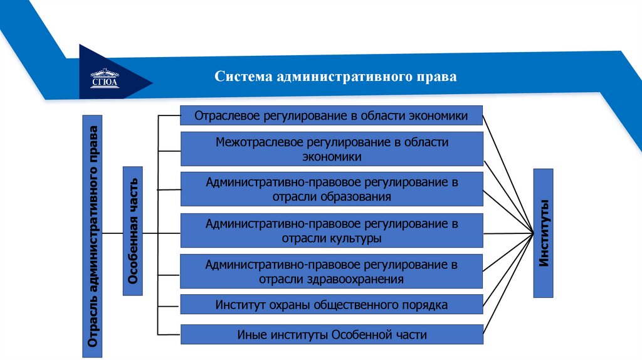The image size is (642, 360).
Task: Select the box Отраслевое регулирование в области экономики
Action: pyautogui.click(x=332, y=115)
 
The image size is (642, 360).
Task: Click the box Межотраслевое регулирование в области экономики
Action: pyautogui.click(x=332, y=149)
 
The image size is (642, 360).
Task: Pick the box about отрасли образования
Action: pyautogui.click(x=332, y=189)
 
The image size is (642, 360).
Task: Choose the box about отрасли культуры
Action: pyautogui.click(x=332, y=231)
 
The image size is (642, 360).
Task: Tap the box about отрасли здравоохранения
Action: pyautogui.click(x=332, y=272)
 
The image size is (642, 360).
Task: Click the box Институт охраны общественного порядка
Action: pyautogui.click(x=332, y=305)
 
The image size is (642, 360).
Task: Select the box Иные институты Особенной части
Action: pyautogui.click(x=332, y=334)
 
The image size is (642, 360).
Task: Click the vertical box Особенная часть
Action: pyautogui.click(x=133, y=231)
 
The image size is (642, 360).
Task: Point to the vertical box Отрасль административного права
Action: pyautogui.click(x=92, y=236)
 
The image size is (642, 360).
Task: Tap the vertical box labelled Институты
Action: pyautogui.click(x=544, y=233)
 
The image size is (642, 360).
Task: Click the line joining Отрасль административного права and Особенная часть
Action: pyautogui.click(x=112, y=233)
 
